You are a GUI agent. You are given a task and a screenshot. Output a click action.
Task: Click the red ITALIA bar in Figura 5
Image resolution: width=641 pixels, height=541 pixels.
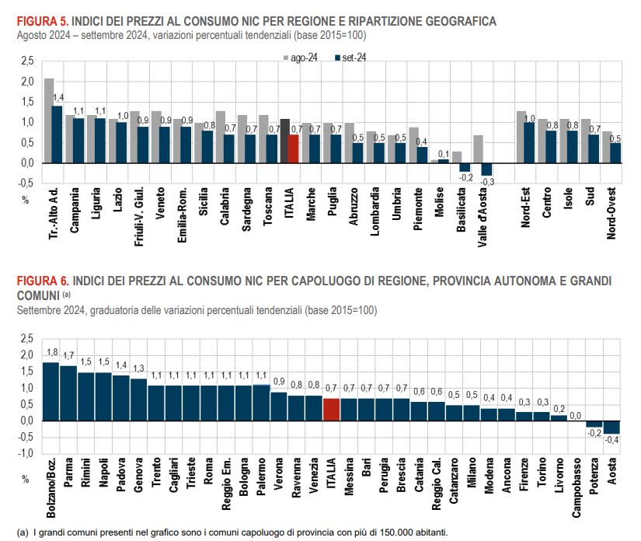point(294,148)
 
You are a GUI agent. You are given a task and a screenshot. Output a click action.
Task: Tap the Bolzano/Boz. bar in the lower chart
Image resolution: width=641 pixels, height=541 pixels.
point(51,392)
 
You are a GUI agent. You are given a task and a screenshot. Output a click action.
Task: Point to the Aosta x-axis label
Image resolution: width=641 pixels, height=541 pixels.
point(613,471)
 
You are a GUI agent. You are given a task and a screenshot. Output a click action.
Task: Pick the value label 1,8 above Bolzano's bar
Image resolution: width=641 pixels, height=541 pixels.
point(52,353)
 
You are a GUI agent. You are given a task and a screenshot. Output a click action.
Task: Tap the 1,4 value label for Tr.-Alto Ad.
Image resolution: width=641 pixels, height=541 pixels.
point(58,96)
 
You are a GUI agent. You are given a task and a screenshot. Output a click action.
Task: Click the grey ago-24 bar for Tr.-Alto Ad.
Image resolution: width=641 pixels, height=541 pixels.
point(48,120)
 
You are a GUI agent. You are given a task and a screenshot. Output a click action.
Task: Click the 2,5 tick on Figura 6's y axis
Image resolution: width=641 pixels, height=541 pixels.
point(27,339)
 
